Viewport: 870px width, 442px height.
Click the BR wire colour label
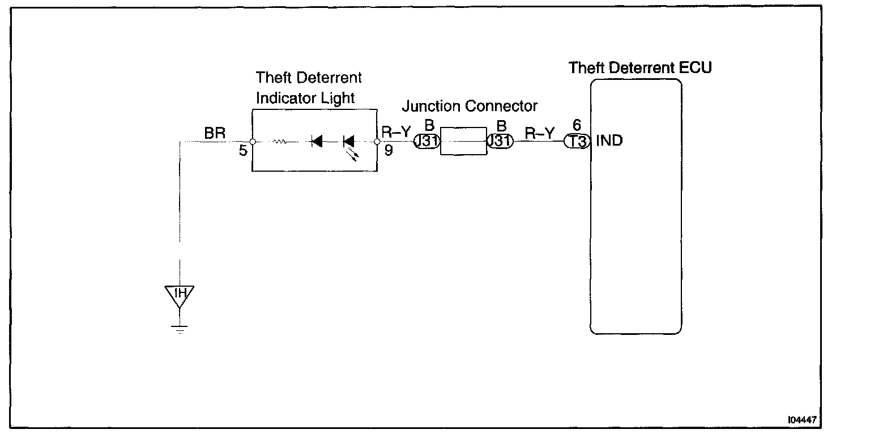(x=215, y=134)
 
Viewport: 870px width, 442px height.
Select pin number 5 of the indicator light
(x=243, y=152)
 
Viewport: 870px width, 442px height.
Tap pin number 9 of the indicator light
(x=389, y=151)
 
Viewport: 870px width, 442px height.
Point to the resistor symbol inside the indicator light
(x=279, y=142)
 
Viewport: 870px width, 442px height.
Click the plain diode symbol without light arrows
(x=317, y=142)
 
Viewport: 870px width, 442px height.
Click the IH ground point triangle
(x=180, y=294)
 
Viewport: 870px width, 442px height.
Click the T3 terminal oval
(x=577, y=141)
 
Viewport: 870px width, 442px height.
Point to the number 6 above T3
(x=577, y=126)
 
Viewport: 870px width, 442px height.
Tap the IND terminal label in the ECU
(x=609, y=141)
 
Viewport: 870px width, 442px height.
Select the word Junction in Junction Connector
(x=432, y=106)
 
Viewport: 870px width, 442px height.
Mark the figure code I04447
(x=801, y=420)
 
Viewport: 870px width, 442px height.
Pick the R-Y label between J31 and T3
(x=538, y=134)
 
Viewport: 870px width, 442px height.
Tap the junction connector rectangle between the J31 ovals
(x=463, y=141)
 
